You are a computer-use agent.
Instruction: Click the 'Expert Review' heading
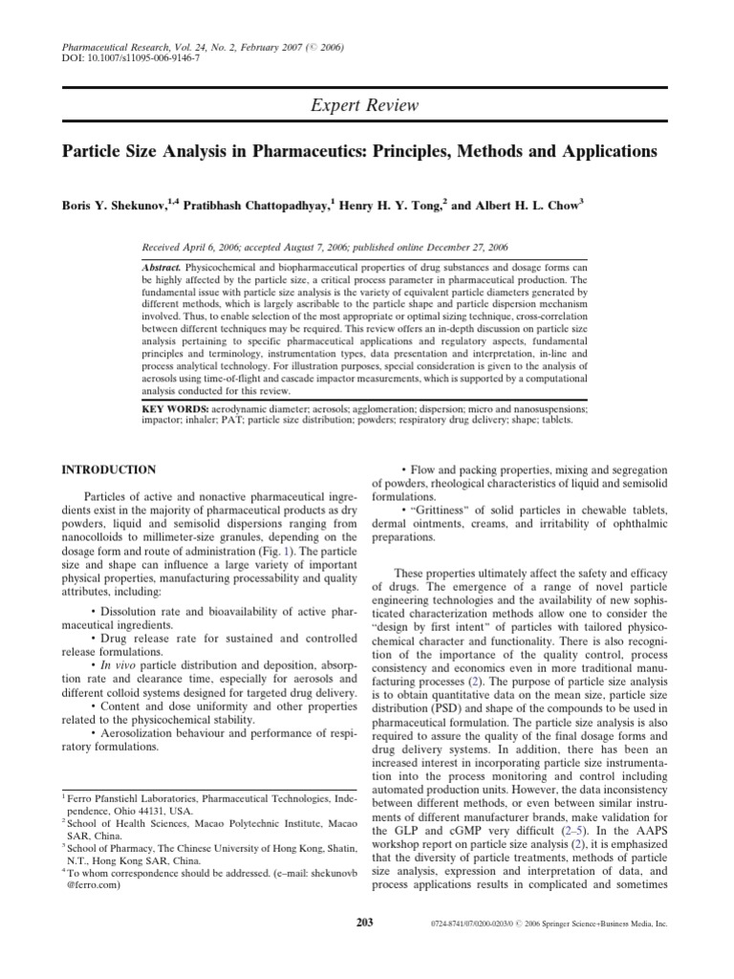point(367,107)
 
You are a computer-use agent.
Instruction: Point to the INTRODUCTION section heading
point(108,470)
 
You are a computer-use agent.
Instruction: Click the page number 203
point(367,924)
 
